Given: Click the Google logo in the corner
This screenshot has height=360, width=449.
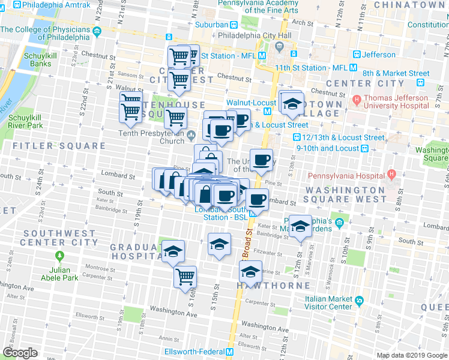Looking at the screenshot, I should (x=20, y=353).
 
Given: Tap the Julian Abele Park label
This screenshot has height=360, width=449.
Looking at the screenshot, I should (x=59, y=274).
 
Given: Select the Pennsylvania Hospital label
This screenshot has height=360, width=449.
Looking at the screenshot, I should (x=346, y=176).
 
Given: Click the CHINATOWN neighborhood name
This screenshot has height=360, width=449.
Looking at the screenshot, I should (x=411, y=5).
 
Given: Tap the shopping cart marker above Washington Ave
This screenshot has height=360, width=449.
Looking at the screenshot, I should (x=185, y=277).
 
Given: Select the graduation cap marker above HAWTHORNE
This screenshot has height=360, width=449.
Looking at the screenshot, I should (x=250, y=272).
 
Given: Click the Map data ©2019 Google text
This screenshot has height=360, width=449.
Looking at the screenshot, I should (x=411, y=355).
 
